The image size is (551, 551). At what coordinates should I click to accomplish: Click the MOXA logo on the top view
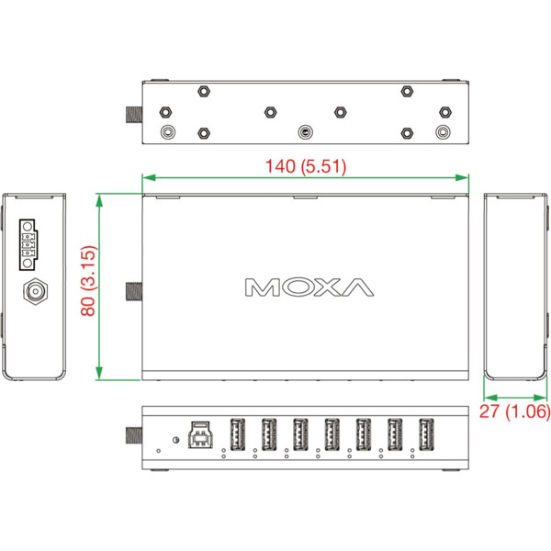309,287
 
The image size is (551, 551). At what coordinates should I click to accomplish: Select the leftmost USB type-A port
236,433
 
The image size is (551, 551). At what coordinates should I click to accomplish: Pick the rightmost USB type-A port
425,433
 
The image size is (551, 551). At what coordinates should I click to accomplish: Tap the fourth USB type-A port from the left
331,433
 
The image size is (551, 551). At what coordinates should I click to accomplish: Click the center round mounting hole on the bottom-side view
305,131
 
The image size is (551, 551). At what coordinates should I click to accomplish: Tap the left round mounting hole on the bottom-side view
167,131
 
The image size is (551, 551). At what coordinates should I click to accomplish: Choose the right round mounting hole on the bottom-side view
444,131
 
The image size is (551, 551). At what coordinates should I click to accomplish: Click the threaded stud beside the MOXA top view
133,293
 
